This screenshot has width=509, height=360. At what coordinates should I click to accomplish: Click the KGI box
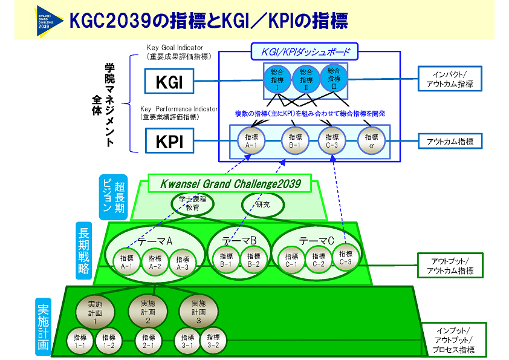pyautogui.click(x=169, y=82)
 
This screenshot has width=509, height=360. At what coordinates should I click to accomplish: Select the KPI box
pyautogui.click(x=169, y=141)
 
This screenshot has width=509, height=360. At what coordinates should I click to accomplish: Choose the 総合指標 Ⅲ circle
pyautogui.click(x=334, y=77)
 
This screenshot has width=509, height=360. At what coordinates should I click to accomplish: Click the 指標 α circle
pyautogui.click(x=371, y=141)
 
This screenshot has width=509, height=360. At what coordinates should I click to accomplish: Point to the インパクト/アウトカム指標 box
pyautogui.click(x=450, y=79)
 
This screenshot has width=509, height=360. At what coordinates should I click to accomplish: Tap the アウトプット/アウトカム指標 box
pyautogui.click(x=450, y=266)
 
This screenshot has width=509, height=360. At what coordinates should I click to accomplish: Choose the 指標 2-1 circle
pyautogui.click(x=148, y=342)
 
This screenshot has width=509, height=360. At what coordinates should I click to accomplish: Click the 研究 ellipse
pyautogui.click(x=262, y=205)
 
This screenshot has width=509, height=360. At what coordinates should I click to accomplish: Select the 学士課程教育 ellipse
pyautogui.click(x=192, y=203)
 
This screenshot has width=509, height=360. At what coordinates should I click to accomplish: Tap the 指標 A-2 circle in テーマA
pyautogui.click(x=155, y=261)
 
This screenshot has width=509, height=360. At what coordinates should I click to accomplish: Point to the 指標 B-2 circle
pyautogui.click(x=253, y=260)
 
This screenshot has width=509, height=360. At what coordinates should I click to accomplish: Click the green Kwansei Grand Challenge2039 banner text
pyautogui.click(x=230, y=183)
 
